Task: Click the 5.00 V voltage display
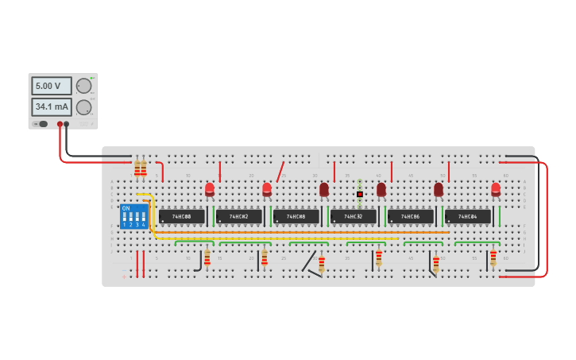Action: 52,86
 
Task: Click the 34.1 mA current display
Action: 52,106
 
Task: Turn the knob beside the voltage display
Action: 83,86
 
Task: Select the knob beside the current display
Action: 83,107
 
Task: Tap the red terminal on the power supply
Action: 59,124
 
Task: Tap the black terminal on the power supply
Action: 67,124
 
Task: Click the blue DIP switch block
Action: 133,216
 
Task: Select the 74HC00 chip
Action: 182,216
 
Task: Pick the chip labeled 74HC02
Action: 239,216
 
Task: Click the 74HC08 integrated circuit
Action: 296,216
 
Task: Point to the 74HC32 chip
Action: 354,216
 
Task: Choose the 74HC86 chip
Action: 411,216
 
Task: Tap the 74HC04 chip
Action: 468,216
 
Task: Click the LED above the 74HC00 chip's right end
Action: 210,189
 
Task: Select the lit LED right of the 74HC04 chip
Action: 496,189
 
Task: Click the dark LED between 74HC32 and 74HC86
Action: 381,189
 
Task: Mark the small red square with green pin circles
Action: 360,194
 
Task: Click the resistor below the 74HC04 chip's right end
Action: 493,258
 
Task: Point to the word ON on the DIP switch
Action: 126,208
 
